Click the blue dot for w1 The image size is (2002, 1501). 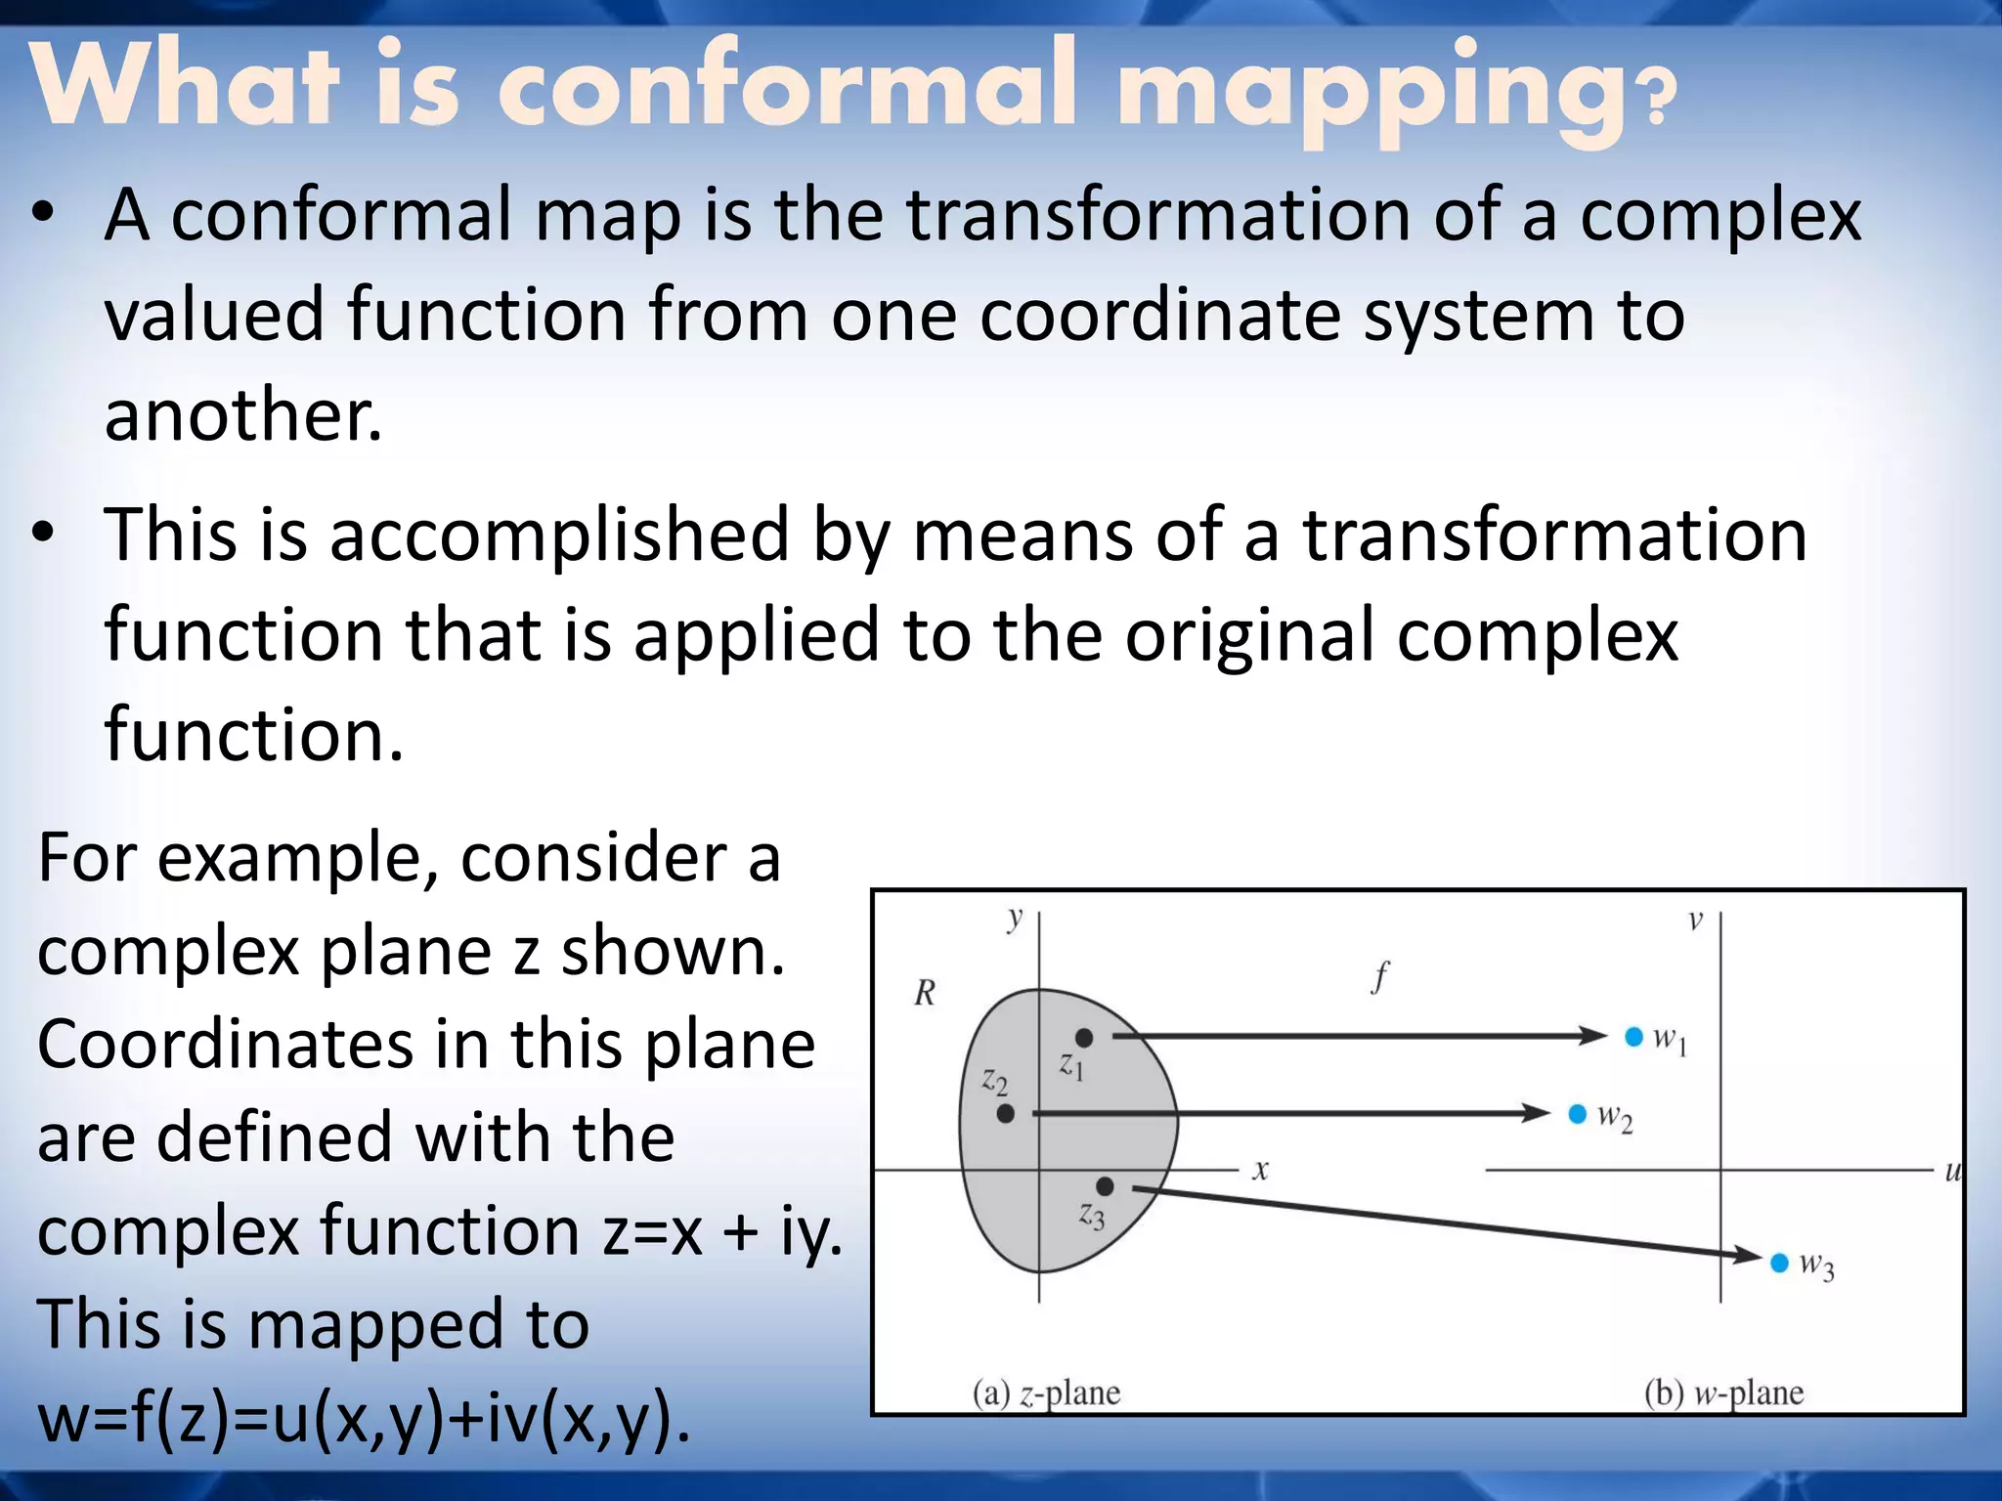coord(1633,1036)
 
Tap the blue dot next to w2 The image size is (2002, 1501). coord(1577,1114)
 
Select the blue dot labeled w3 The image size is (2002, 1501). coord(1779,1263)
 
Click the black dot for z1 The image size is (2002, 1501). coord(1084,1038)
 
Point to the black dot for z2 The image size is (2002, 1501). coord(1006,1113)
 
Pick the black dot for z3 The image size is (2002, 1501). coord(1105,1186)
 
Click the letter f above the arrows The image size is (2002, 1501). coord(1380,976)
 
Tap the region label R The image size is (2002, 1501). coord(925,993)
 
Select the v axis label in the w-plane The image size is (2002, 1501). coord(1695,921)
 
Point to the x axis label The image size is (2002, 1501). coord(1261,1170)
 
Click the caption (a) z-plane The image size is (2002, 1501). coord(1046,1393)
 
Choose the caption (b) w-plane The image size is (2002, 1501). coord(1723,1393)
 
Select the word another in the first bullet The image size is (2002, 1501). coord(242,414)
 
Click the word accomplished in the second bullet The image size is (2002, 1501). coord(559,536)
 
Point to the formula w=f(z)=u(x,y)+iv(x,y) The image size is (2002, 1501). coord(364,1417)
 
